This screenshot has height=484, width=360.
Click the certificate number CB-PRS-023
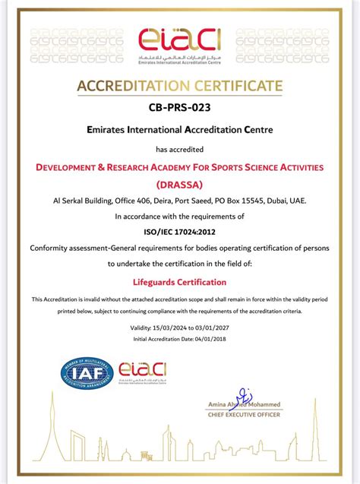click(x=180, y=109)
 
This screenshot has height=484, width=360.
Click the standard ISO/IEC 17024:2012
click(x=180, y=232)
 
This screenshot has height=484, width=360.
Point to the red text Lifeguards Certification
click(x=180, y=282)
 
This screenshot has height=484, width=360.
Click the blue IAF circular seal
click(x=87, y=374)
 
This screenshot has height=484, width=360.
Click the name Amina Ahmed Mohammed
click(x=244, y=406)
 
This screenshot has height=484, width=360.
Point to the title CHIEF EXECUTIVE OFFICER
click(x=244, y=414)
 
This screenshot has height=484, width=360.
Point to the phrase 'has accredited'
click(x=180, y=149)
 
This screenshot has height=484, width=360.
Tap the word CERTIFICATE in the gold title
click(x=234, y=85)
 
